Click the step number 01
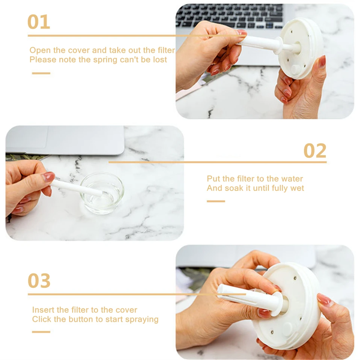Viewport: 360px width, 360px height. coord(39,22)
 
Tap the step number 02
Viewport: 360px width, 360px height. coord(315,151)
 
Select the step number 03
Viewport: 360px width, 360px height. coord(39,281)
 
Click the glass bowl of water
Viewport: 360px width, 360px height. coord(102,193)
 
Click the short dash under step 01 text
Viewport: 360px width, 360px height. coord(41,73)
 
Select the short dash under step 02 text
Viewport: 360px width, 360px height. coord(216,201)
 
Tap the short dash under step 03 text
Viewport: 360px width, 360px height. coord(41,332)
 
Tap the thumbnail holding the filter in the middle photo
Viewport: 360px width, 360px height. coord(48,177)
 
